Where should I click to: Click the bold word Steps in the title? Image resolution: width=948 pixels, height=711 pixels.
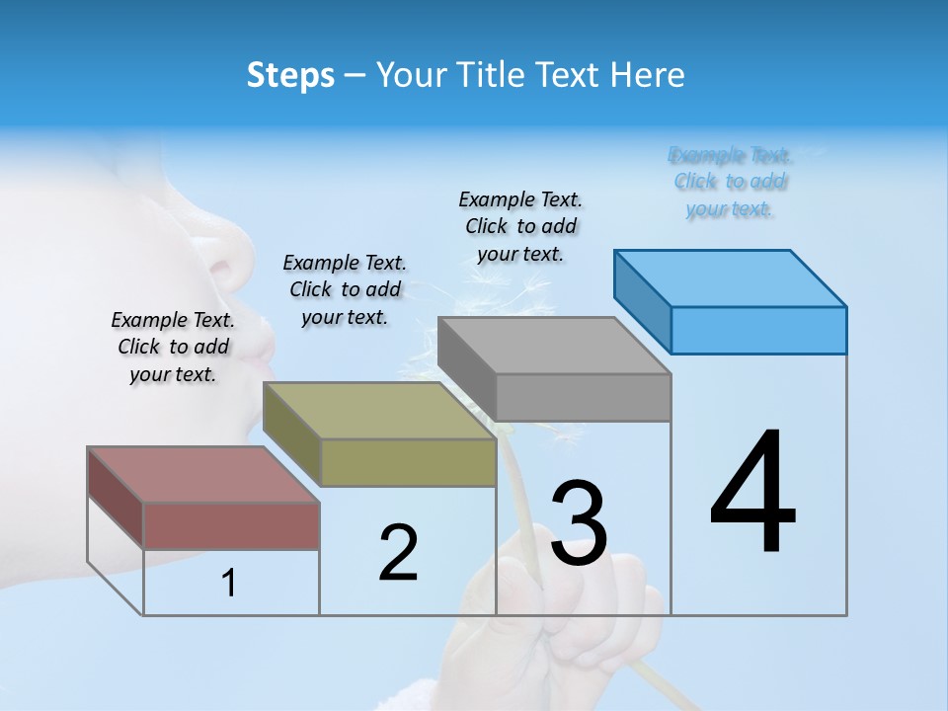tap(290, 75)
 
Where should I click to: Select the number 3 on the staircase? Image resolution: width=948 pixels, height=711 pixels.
tap(579, 523)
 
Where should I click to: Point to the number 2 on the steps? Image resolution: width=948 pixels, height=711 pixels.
tap(398, 553)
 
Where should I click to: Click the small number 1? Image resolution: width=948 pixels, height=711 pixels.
tap(229, 584)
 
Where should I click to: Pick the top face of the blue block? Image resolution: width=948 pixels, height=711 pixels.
tap(731, 277)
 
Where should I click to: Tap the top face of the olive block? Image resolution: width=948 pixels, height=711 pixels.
tap(379, 410)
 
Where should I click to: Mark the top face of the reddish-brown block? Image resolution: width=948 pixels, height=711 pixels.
tap(203, 474)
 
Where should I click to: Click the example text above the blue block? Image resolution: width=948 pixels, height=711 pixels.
tap(730, 182)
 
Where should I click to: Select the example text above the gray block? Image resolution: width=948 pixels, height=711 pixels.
tap(520, 226)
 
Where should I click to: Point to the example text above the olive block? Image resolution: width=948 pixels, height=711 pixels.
tap(345, 289)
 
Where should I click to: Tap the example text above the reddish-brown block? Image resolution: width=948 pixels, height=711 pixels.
tap(173, 347)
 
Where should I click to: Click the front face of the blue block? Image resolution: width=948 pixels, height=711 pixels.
tap(758, 330)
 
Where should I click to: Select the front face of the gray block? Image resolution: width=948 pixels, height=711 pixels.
tap(583, 397)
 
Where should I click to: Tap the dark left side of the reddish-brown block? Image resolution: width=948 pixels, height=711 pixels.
tap(116, 497)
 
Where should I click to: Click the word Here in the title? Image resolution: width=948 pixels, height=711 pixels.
tap(652, 75)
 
